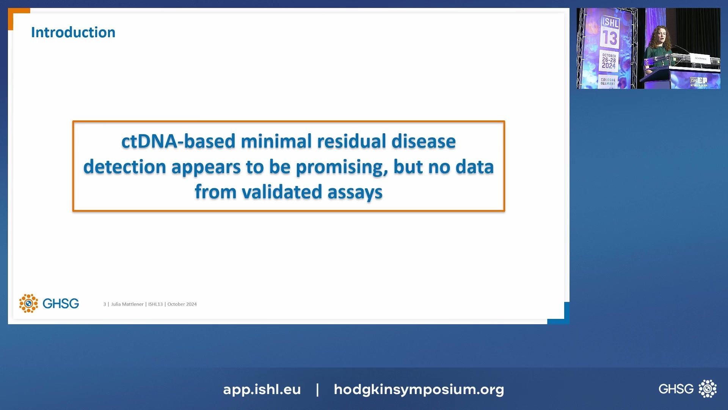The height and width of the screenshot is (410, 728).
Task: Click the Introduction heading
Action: [x=73, y=33]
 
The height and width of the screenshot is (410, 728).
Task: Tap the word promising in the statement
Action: [x=342, y=167]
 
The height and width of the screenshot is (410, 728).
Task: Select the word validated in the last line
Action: [x=282, y=192]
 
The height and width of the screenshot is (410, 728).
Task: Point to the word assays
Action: [x=355, y=192]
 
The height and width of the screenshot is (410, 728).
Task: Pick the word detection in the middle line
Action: [x=124, y=167]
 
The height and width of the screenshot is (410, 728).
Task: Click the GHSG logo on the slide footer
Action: [x=49, y=303]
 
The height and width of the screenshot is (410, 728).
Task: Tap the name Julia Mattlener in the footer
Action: [x=127, y=304]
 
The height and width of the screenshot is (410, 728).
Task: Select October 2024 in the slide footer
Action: [x=182, y=304]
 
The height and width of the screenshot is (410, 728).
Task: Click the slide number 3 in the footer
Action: [x=105, y=304]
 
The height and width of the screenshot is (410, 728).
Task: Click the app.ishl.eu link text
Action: [x=262, y=389]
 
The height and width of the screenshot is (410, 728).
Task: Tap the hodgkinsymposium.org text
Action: [x=419, y=389]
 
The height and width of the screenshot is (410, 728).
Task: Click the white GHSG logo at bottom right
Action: [x=687, y=389]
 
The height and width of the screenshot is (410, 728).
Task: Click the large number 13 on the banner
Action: [x=610, y=38]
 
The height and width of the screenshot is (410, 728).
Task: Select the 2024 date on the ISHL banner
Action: [x=609, y=66]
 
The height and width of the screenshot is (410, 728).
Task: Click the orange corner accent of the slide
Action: [x=17, y=15]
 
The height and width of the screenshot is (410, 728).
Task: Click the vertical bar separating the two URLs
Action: [x=317, y=389]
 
